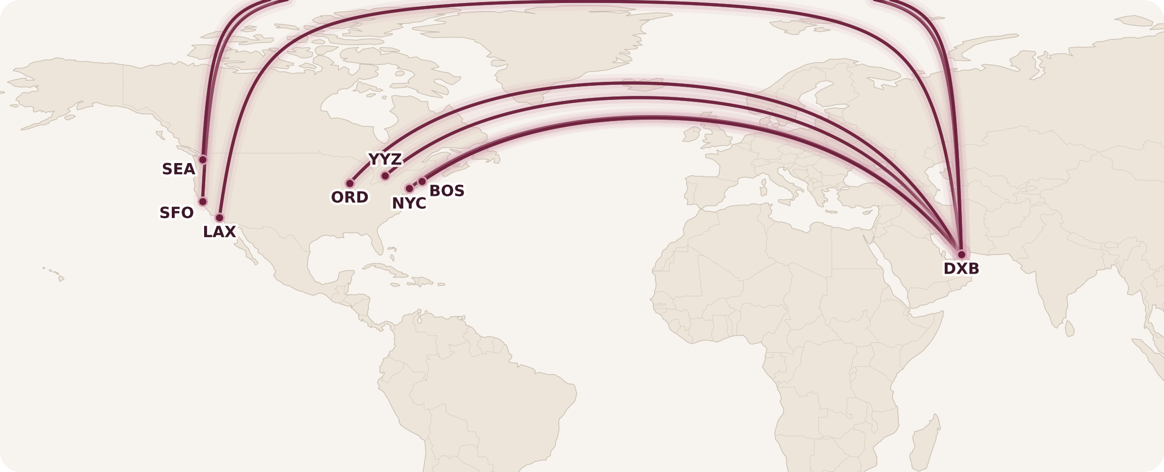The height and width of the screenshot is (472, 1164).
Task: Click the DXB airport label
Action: (961, 269)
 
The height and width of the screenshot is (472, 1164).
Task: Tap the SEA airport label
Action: (178, 169)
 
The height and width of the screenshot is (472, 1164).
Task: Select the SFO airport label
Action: (176, 213)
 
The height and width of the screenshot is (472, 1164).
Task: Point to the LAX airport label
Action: (219, 232)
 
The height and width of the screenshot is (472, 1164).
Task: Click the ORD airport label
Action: (350, 197)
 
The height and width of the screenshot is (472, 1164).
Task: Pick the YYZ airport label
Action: (385, 160)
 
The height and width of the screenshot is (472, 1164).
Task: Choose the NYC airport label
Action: (409, 203)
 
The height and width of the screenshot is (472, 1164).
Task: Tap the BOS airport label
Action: (447, 191)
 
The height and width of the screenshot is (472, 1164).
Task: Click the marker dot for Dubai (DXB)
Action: (961, 254)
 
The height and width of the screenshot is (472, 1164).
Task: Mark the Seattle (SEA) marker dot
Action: (203, 160)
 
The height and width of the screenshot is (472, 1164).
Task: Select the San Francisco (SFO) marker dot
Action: (203, 201)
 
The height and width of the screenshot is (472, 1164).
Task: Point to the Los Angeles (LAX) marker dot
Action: (219, 218)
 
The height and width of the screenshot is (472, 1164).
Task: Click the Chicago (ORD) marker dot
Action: (350, 183)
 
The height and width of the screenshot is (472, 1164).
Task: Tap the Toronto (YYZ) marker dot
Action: (385, 176)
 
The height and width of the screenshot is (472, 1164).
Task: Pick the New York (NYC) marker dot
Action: (410, 188)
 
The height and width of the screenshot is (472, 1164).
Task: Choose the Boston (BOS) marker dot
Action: (422, 181)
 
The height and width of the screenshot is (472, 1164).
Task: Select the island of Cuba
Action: (389, 271)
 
